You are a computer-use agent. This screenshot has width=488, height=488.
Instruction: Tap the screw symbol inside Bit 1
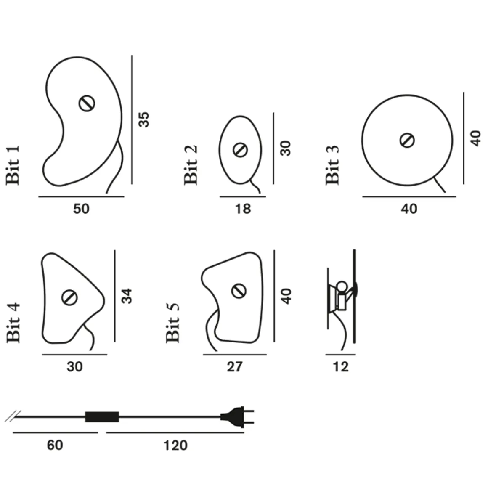point(87,103)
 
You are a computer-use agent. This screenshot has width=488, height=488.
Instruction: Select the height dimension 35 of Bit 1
point(144,119)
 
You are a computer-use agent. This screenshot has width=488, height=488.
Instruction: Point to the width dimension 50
point(81,209)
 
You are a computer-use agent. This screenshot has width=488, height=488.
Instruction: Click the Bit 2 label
point(191,165)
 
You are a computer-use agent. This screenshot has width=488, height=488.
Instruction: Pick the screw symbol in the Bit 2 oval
point(240,150)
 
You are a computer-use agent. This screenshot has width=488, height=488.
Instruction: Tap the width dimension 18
point(243,209)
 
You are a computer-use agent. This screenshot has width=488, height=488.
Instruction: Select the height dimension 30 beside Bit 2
point(286,148)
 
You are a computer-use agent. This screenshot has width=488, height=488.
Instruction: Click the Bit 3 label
point(332,165)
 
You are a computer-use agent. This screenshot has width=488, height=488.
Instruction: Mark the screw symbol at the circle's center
point(407,140)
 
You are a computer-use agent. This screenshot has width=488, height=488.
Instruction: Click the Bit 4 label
point(13,323)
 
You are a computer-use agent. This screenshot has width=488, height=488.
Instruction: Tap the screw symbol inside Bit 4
point(69,297)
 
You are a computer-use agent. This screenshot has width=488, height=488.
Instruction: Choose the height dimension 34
point(127,296)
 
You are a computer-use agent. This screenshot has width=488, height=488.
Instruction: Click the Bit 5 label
point(173,323)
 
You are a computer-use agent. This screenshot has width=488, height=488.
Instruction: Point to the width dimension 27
point(234,367)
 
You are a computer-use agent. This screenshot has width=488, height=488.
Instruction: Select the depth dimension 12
point(340,367)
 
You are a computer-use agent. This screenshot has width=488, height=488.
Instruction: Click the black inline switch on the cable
point(102,417)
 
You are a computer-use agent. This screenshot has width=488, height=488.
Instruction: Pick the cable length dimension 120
point(175,445)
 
